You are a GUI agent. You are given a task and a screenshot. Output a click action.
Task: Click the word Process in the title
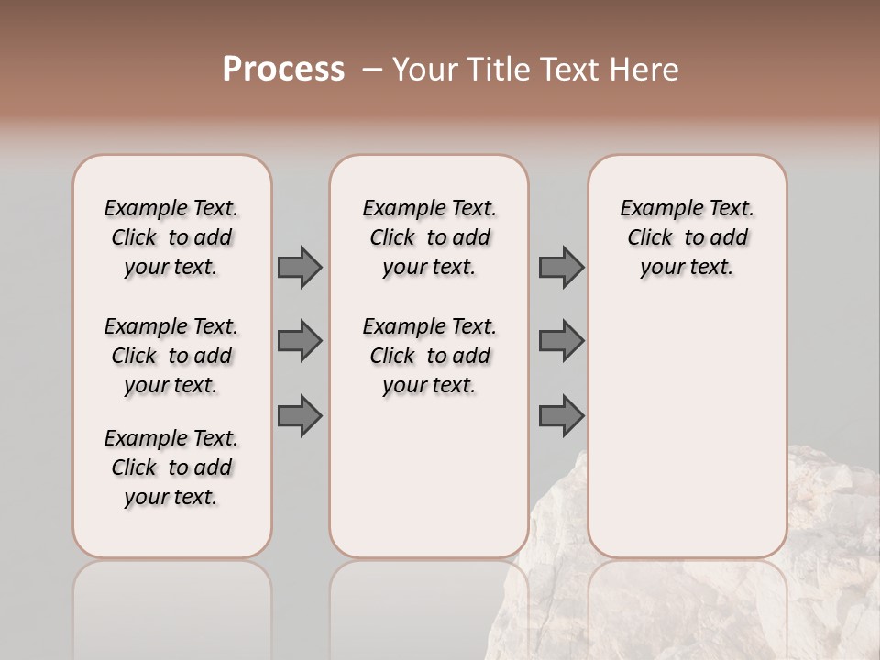(x=283, y=70)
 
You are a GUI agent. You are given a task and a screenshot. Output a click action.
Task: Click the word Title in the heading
(x=495, y=70)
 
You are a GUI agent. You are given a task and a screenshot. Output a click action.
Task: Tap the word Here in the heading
(x=644, y=70)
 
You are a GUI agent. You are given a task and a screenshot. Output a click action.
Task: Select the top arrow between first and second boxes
(x=300, y=267)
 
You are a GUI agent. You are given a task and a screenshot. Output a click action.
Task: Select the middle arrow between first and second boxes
(x=300, y=341)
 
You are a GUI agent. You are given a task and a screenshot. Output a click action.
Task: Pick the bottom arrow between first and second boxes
(x=300, y=416)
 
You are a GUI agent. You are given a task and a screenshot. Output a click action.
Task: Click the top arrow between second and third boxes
(x=561, y=267)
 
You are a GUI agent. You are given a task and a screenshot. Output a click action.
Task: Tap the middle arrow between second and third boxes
(x=561, y=341)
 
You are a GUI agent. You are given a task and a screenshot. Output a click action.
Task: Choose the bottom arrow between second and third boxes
(x=561, y=416)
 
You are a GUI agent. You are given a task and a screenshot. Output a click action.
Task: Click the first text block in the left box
(x=171, y=237)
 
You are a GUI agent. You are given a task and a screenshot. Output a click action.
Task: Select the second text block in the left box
(x=171, y=356)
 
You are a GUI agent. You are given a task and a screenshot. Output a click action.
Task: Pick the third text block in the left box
(x=171, y=467)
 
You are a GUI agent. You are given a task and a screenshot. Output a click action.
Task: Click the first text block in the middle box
(x=429, y=237)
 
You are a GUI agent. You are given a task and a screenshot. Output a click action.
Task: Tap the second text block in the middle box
(x=429, y=356)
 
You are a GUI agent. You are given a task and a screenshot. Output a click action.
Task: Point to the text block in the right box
(x=687, y=237)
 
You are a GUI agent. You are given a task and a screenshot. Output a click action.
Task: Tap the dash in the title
(x=372, y=70)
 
